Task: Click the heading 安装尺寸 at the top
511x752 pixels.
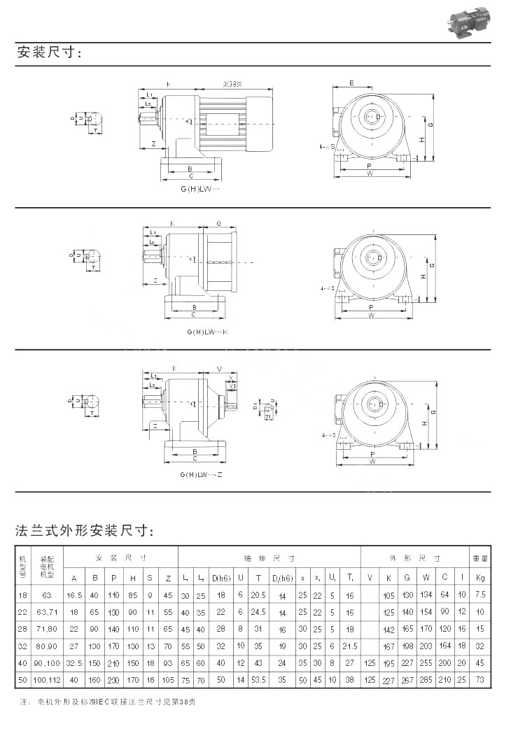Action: (x=49, y=53)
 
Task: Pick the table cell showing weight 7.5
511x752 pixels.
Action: (x=479, y=595)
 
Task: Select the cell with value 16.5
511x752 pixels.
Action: (x=74, y=595)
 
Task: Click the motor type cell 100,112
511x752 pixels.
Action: (x=47, y=679)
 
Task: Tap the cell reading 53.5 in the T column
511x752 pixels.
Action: (x=258, y=679)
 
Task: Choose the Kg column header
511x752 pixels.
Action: (x=479, y=578)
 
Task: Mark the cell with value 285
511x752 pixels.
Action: (x=426, y=679)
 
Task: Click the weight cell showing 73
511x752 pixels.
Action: (x=479, y=679)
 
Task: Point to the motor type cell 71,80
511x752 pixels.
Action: (x=47, y=629)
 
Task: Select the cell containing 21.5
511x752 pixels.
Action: (x=350, y=646)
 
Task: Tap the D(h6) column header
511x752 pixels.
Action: (x=221, y=578)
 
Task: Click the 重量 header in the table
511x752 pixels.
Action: (x=479, y=559)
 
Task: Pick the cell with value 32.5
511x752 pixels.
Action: (x=74, y=662)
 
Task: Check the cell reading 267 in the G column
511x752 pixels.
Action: (x=407, y=679)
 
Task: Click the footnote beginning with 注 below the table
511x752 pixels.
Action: (x=105, y=701)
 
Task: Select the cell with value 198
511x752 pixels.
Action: (x=407, y=646)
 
